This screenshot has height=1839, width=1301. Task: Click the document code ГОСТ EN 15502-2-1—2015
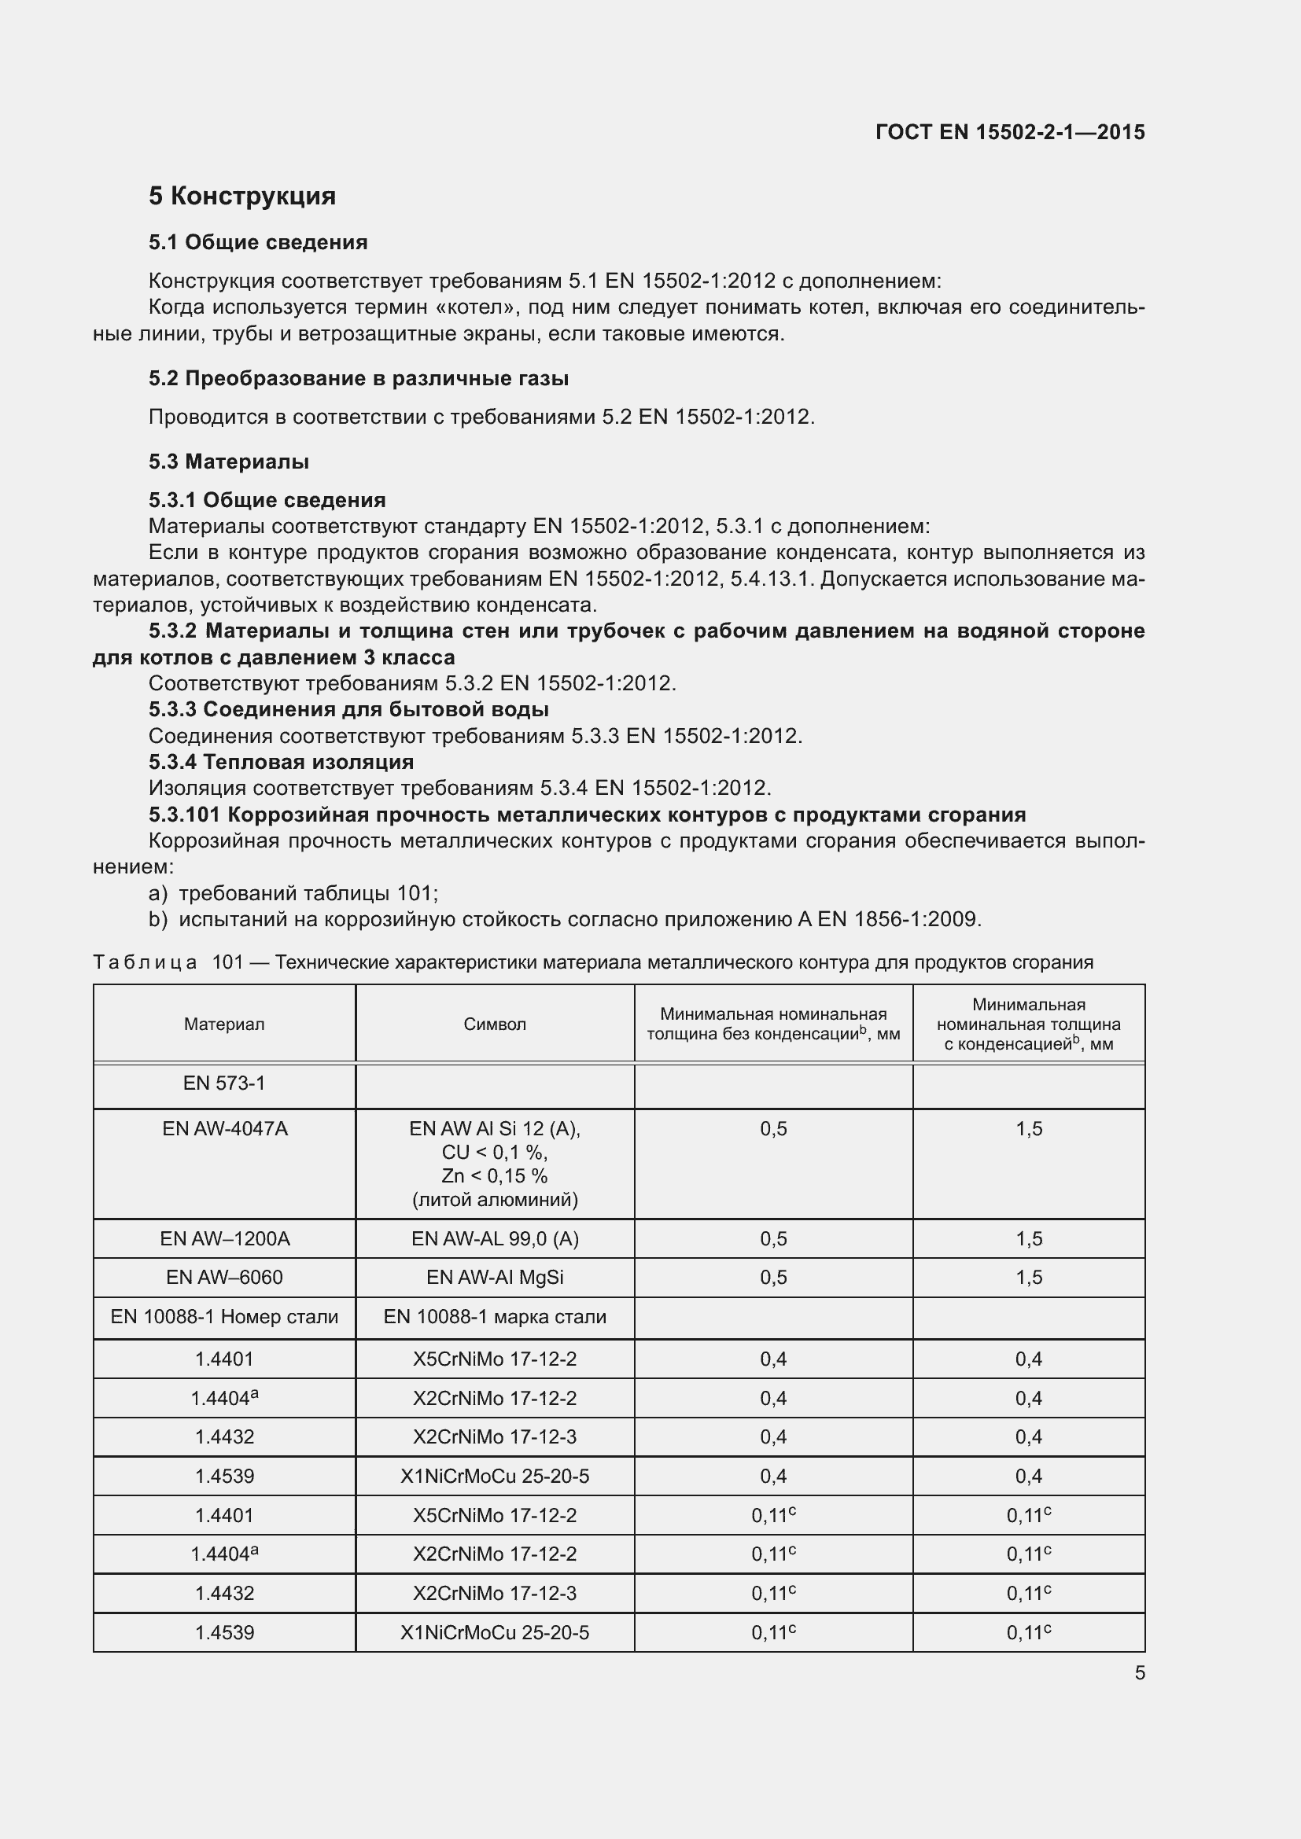(1009, 132)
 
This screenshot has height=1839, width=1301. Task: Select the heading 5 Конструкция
(242, 197)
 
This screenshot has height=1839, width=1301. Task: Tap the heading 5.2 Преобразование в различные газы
(358, 378)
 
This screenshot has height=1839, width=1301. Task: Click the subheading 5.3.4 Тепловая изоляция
(281, 762)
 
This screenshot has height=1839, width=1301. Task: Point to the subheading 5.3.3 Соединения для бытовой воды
(348, 709)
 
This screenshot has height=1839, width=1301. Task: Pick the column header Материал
(223, 1024)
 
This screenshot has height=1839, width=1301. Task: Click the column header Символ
(494, 1024)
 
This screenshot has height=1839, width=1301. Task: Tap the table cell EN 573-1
(223, 1083)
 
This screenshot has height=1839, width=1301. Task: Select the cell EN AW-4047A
(224, 1128)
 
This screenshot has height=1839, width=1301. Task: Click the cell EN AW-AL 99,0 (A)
(494, 1238)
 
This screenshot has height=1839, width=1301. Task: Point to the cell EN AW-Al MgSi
(494, 1277)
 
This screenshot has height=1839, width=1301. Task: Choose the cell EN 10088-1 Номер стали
(224, 1317)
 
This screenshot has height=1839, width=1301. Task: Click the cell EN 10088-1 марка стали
(494, 1317)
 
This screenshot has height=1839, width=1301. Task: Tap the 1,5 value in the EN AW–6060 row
(1029, 1278)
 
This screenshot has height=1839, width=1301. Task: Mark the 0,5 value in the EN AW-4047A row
(773, 1128)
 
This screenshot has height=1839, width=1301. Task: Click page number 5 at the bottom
(1139, 1672)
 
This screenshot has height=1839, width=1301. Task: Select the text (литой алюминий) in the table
(494, 1199)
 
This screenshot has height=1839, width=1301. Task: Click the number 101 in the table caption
(227, 962)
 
